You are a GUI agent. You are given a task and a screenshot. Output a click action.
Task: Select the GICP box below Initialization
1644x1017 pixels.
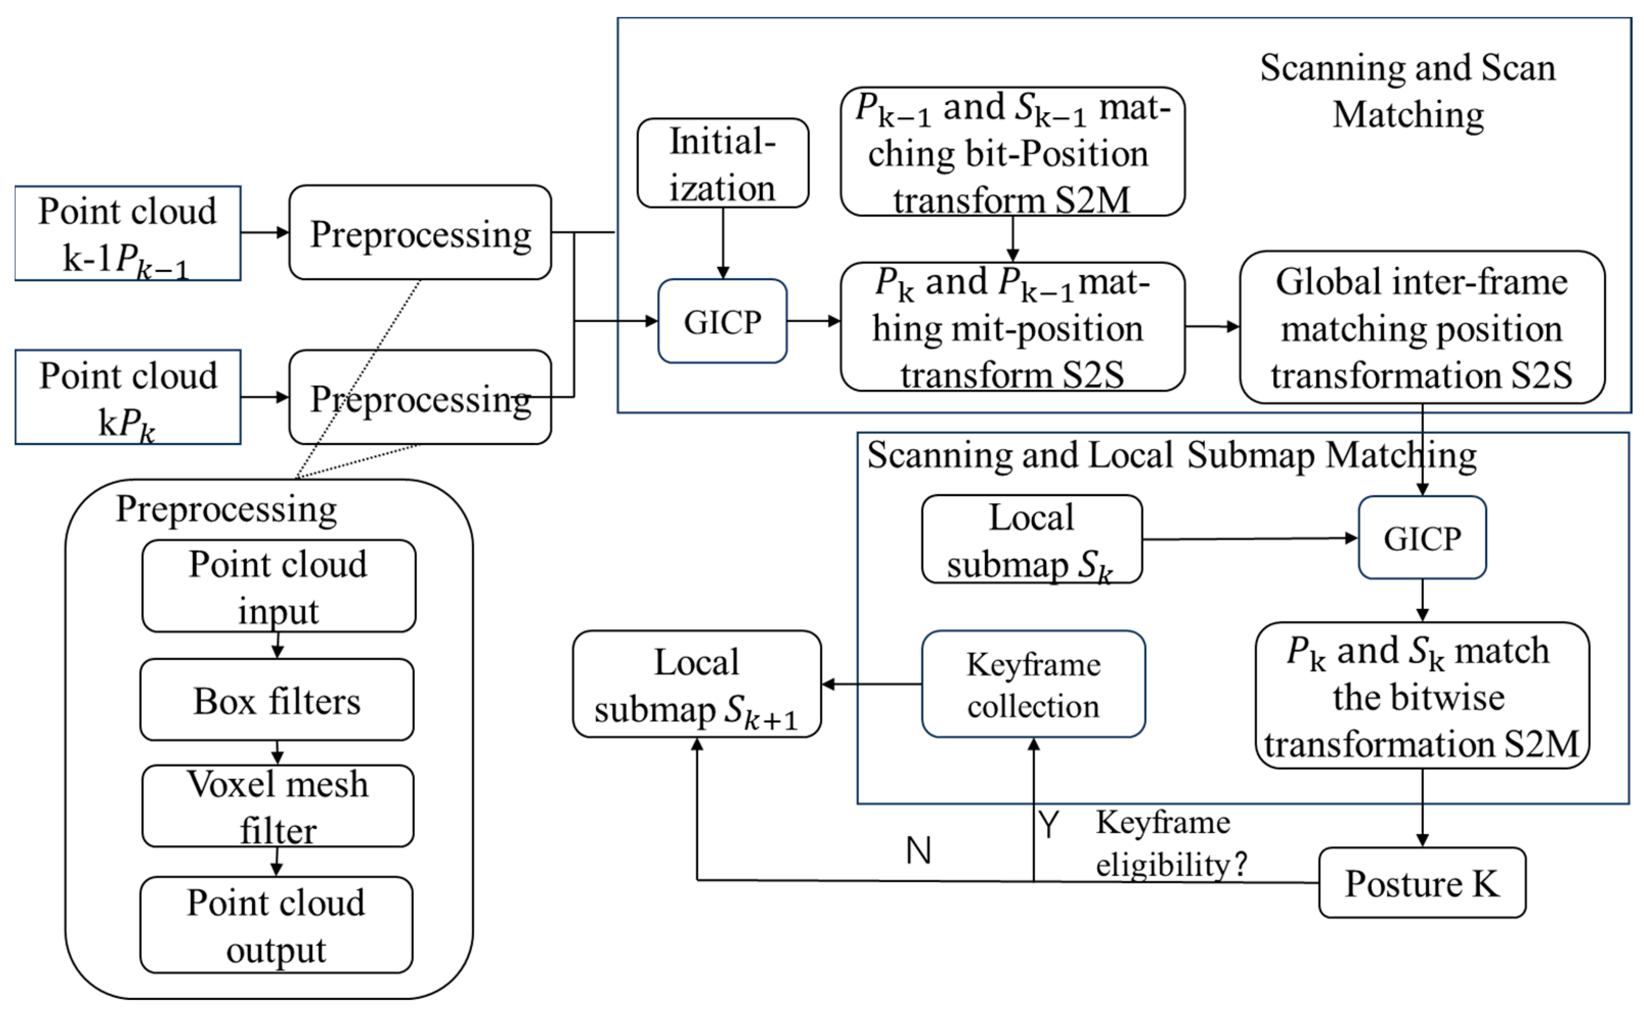click(722, 321)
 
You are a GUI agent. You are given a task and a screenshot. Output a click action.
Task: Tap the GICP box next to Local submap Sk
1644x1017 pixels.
click(1421, 538)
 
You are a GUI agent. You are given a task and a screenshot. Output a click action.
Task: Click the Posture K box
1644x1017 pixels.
click(1421, 883)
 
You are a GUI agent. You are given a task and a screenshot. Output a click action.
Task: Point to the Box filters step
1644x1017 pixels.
click(276, 701)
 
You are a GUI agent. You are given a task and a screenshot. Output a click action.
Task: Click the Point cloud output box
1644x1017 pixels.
click(276, 925)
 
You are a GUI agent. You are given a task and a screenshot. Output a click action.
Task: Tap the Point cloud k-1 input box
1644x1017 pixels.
click(128, 233)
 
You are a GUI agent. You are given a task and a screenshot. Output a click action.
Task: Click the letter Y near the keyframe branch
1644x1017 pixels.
click(1049, 825)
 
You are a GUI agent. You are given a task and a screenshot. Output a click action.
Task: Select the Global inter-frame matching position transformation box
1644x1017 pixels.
click(1421, 328)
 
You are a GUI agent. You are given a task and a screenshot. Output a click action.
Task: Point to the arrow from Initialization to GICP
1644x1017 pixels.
click(723, 243)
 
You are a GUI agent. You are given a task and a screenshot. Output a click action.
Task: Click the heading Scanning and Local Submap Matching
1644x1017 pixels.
click(1171, 456)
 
